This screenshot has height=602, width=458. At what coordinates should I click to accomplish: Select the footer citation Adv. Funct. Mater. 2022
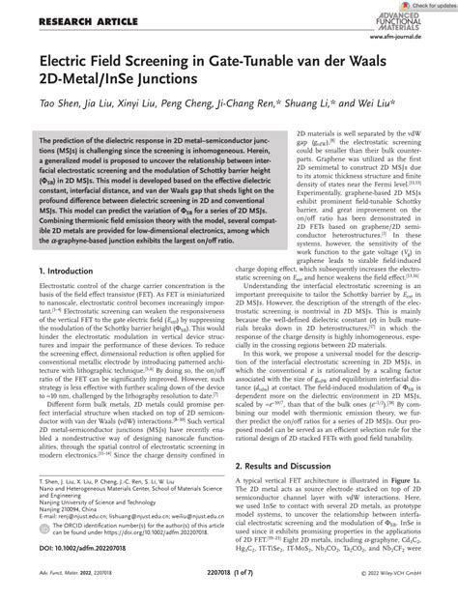(62, 587)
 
